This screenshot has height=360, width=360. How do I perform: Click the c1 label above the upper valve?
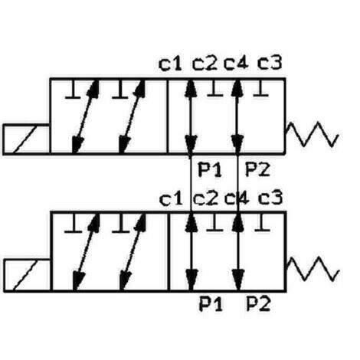pyautogui.click(x=170, y=64)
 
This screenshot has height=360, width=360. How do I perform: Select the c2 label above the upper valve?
pyautogui.click(x=205, y=64)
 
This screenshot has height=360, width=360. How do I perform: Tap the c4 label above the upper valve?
pyautogui.click(x=236, y=63)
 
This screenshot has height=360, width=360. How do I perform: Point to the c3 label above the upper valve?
pyautogui.click(x=270, y=63)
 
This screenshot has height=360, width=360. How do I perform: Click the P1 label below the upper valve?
pyautogui.click(x=210, y=170)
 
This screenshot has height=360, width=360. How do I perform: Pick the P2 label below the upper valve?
pyautogui.click(x=257, y=169)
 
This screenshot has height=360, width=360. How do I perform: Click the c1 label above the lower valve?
pyautogui.click(x=171, y=199)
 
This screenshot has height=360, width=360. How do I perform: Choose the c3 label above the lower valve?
pyautogui.click(x=270, y=198)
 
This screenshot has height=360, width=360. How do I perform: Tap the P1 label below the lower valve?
pyautogui.click(x=211, y=304)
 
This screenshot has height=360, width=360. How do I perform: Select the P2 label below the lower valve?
pyautogui.click(x=258, y=304)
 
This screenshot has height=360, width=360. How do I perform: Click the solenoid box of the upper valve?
pyautogui.click(x=26, y=139)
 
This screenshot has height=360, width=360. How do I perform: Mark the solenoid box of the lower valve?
pyautogui.click(x=27, y=275)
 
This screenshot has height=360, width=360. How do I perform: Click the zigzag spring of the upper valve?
pyautogui.click(x=312, y=135)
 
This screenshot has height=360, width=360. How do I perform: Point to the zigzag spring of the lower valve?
pyautogui.click(x=313, y=269)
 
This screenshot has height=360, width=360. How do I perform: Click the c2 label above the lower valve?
pyautogui.click(x=205, y=198)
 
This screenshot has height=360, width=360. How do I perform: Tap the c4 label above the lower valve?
pyautogui.click(x=237, y=198)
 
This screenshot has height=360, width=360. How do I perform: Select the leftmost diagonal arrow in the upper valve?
pyautogui.click(x=85, y=116)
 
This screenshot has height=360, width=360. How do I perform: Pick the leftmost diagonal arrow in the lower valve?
pyautogui.click(x=86, y=252)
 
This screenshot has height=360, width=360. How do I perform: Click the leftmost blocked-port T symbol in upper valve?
pyautogui.click(x=73, y=90)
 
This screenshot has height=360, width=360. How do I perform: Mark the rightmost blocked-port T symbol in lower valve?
pyautogui.click(x=262, y=222)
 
